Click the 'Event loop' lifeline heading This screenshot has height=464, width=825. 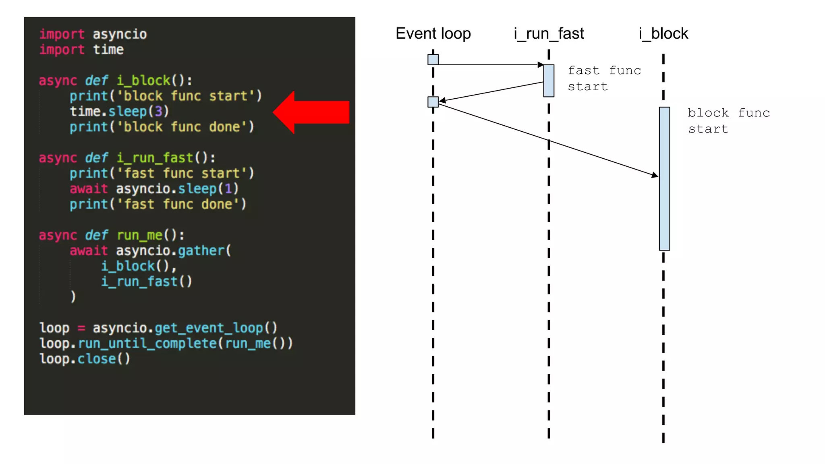pos(433,33)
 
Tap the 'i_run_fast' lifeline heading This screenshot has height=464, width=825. pos(549,33)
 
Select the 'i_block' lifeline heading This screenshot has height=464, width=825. pos(663,33)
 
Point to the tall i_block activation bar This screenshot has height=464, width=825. pos(664,178)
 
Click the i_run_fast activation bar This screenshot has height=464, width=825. pos(549,81)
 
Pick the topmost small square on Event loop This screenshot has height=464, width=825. pos(433,60)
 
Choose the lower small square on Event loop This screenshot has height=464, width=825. pos(433,102)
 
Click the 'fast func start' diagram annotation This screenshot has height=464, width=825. pos(604,79)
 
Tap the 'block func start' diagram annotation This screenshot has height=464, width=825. pos(728,121)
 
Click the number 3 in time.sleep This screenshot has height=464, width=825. pos(158,111)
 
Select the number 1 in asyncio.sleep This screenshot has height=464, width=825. pos(228,188)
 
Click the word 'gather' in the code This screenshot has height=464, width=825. pos(201,251)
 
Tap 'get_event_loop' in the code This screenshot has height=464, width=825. pos(209,328)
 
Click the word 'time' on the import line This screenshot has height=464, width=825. pos(108,50)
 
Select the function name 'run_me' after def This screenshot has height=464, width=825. pos(139,235)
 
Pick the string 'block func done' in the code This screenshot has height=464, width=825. pos(182,127)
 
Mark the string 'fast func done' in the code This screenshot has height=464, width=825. pos(178,204)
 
